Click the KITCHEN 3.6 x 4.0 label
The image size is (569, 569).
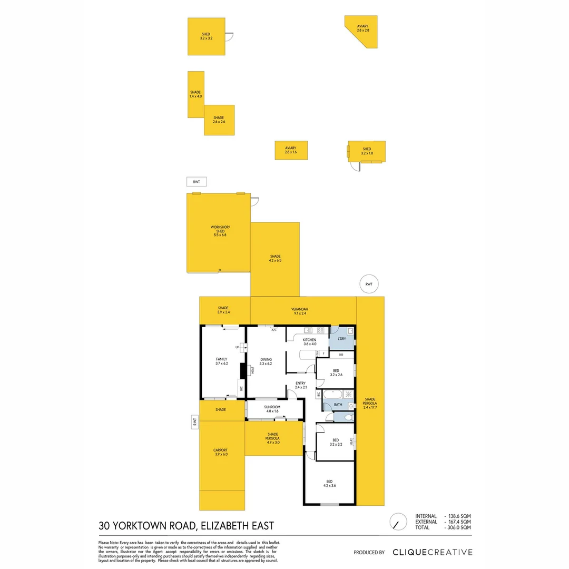coord(309,342)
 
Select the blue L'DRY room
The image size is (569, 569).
coord(341,338)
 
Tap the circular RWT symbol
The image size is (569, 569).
coord(369,284)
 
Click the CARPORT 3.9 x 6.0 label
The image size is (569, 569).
coord(221,452)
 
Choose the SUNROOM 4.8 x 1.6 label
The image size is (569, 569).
coord(272,409)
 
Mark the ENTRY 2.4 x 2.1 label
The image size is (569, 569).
coord(300,385)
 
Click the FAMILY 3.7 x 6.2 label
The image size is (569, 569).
coord(221,361)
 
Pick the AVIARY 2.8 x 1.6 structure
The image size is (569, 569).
coord(291,150)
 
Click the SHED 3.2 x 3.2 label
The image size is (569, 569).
coord(205,36)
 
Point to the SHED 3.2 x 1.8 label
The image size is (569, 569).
coord(367,151)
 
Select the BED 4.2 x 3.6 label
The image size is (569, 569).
coord(330,483)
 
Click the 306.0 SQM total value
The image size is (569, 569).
coord(458,527)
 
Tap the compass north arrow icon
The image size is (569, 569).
coord(398,522)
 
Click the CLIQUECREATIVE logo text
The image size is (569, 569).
coord(432,552)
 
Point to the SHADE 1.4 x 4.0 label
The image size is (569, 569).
coord(195,94)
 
